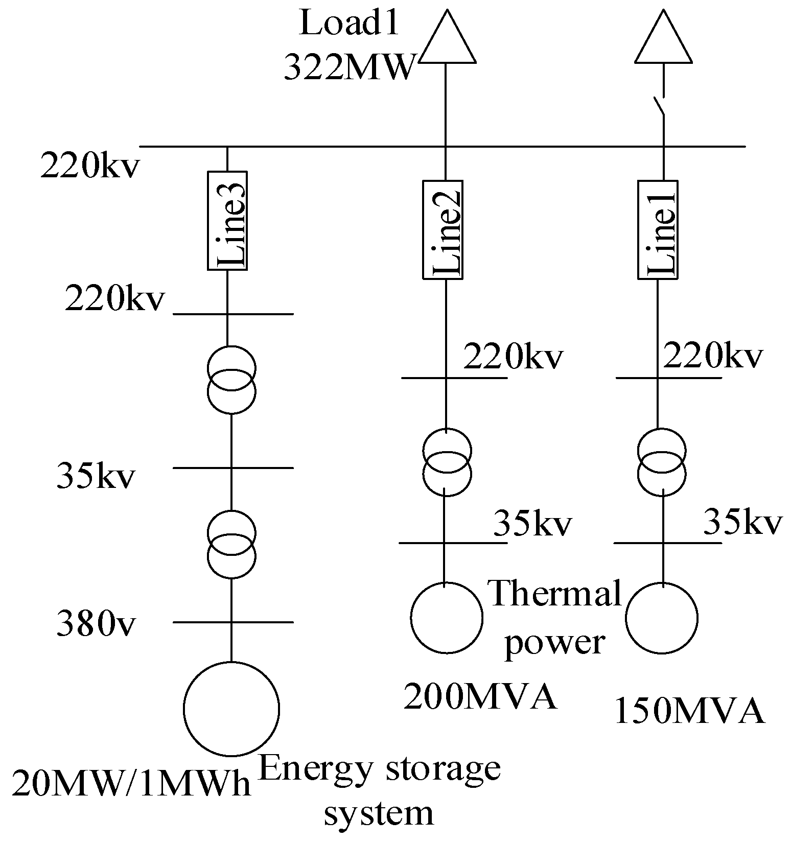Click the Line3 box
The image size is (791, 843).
(x=227, y=221)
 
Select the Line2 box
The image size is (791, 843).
(x=443, y=229)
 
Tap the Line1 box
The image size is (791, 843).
(x=658, y=229)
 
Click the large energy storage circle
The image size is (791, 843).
(x=231, y=709)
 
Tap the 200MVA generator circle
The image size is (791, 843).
(x=447, y=618)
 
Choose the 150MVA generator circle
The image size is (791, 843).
(x=662, y=618)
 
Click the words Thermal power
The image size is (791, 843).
(x=555, y=617)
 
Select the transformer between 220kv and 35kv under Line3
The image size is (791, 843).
(x=231, y=379)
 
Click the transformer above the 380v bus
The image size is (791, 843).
(x=231, y=544)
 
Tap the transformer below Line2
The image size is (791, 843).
(x=447, y=462)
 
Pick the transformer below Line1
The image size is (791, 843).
(x=662, y=462)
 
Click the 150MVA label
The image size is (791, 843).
(x=690, y=711)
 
